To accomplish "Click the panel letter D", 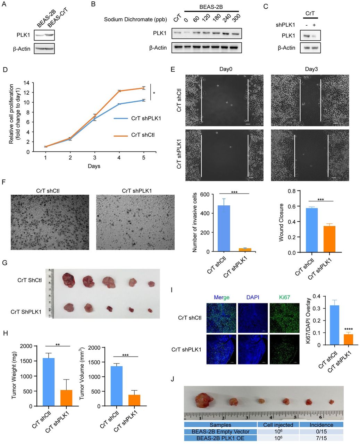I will point(5,69).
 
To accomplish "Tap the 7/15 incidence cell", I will point(321,438).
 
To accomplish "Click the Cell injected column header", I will point(278,425).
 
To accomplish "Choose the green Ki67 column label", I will point(285,297).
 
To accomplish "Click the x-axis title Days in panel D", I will point(94,166).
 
